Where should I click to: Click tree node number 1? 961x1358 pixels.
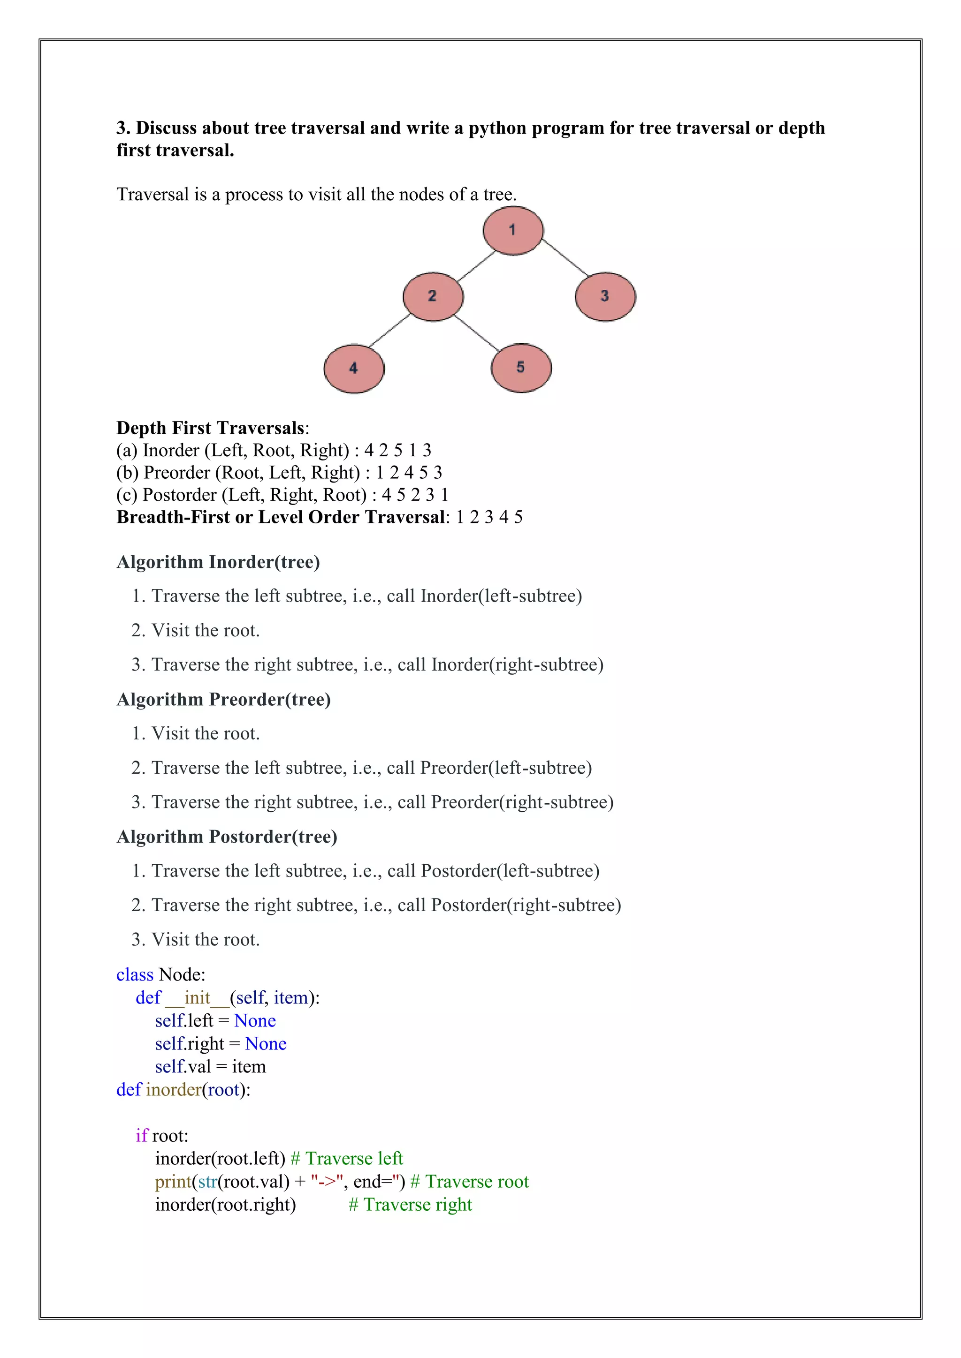coord(512,231)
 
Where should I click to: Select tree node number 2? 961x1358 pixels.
coord(433,296)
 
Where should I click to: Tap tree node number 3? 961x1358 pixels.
coord(605,296)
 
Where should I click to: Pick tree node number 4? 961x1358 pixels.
coord(354,369)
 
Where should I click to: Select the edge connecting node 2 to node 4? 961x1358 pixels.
coord(389,331)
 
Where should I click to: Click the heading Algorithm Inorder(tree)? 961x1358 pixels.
coord(218,562)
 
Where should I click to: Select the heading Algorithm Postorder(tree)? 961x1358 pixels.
coord(227,837)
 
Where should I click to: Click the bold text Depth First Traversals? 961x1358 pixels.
coord(211,428)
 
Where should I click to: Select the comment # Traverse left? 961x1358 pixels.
coord(347,1158)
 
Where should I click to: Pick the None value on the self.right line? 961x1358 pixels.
coord(266,1043)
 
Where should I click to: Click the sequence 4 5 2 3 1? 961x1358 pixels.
coord(415,494)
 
